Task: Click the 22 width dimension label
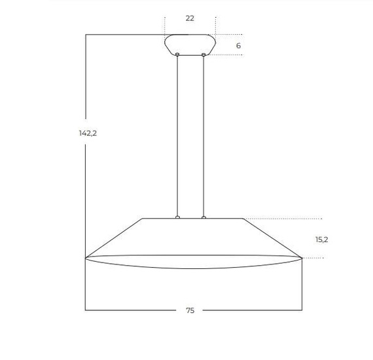[x=190, y=18]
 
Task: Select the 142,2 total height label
[x=88, y=133]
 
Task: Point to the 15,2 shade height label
[x=321, y=240]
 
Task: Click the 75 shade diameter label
[x=190, y=310]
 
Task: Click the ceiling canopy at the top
[x=190, y=44]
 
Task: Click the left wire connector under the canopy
[x=177, y=55]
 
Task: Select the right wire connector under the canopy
[x=204, y=55]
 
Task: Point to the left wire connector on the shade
[x=177, y=217]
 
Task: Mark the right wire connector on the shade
[x=204, y=217]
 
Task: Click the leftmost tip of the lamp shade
[x=86, y=257]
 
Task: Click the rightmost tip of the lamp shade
[x=300, y=257]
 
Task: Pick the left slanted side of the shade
[x=115, y=238]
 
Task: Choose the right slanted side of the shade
[x=272, y=238]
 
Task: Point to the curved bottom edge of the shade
[x=193, y=268]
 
